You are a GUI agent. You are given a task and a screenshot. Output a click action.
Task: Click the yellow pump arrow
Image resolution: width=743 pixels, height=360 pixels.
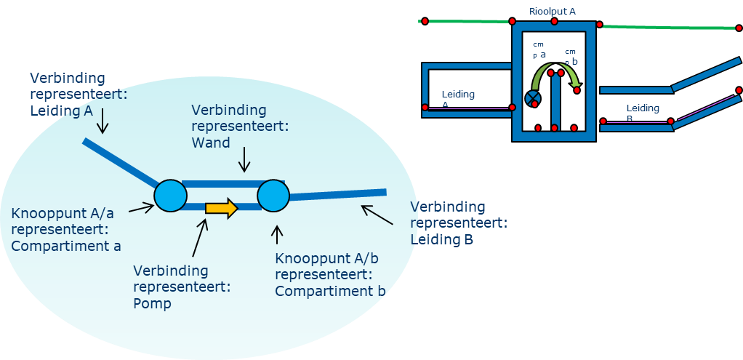coord(221,209)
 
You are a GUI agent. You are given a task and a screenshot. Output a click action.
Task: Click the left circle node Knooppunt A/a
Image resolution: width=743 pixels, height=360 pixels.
coord(171,196)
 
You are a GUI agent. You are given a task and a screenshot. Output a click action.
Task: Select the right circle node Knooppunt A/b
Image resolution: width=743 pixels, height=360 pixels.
coord(273,196)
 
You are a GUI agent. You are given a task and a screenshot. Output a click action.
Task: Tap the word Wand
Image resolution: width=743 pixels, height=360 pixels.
coord(211,143)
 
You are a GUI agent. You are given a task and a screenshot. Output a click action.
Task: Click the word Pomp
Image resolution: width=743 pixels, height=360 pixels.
coord(153,303)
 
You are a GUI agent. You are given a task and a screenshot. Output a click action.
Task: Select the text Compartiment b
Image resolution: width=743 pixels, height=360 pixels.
coord(330,291)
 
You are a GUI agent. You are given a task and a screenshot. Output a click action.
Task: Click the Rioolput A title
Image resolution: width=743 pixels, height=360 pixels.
coord(553,11)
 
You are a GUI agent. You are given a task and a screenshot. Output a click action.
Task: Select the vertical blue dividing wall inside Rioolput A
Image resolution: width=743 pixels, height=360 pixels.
coord(555,102)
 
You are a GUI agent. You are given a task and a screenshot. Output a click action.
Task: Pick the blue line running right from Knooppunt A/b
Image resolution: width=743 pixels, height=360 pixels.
coord(338,194)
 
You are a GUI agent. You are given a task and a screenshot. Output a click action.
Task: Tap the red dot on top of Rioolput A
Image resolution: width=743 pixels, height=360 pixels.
coord(554,22)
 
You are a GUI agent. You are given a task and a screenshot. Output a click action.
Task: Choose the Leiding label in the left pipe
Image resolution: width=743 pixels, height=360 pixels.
coord(458,95)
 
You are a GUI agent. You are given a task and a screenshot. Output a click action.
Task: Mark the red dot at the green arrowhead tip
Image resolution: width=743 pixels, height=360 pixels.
coord(577,90)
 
